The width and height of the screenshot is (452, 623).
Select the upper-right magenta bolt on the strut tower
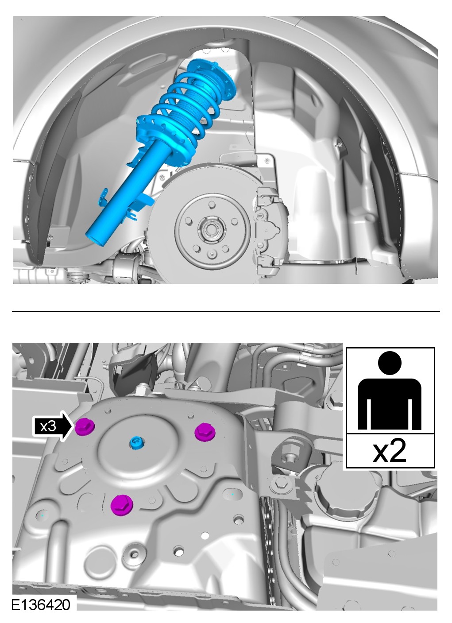pyautogui.click(x=205, y=432)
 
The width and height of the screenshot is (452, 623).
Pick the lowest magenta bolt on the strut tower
pyautogui.click(x=122, y=505)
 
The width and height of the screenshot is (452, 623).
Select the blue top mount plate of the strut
pyautogui.click(x=212, y=77)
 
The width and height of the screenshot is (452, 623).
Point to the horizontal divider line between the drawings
pyautogui.click(x=226, y=312)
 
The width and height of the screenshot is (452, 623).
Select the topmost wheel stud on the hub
pyautogui.click(x=212, y=205)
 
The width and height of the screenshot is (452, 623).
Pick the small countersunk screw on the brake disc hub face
pyautogui.click(x=212, y=254)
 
